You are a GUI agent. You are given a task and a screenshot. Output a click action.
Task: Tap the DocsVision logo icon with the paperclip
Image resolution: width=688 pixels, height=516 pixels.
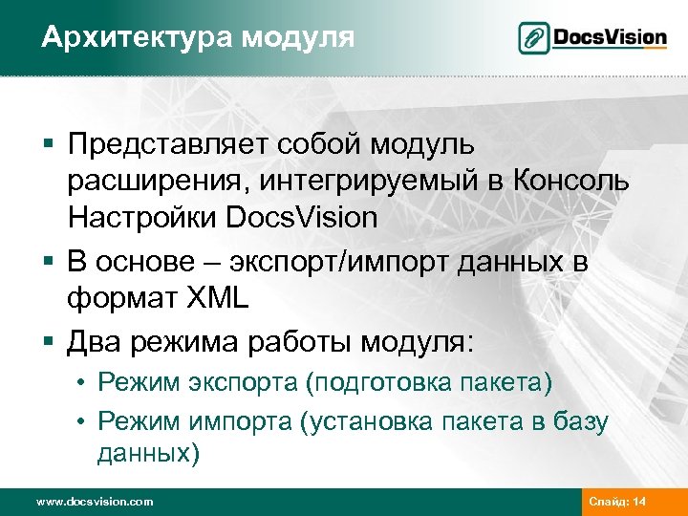click(533, 38)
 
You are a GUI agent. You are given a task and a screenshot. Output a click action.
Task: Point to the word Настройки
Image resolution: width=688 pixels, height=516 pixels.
click(143, 218)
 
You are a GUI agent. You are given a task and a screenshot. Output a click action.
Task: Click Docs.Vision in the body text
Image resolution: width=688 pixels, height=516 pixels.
click(303, 218)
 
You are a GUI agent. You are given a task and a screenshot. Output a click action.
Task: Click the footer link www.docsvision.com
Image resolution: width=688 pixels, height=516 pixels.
click(94, 501)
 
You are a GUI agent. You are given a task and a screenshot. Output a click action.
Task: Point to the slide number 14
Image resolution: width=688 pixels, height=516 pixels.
click(638, 501)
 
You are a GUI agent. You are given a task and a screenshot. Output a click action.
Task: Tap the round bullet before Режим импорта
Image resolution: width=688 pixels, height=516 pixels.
click(84, 421)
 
